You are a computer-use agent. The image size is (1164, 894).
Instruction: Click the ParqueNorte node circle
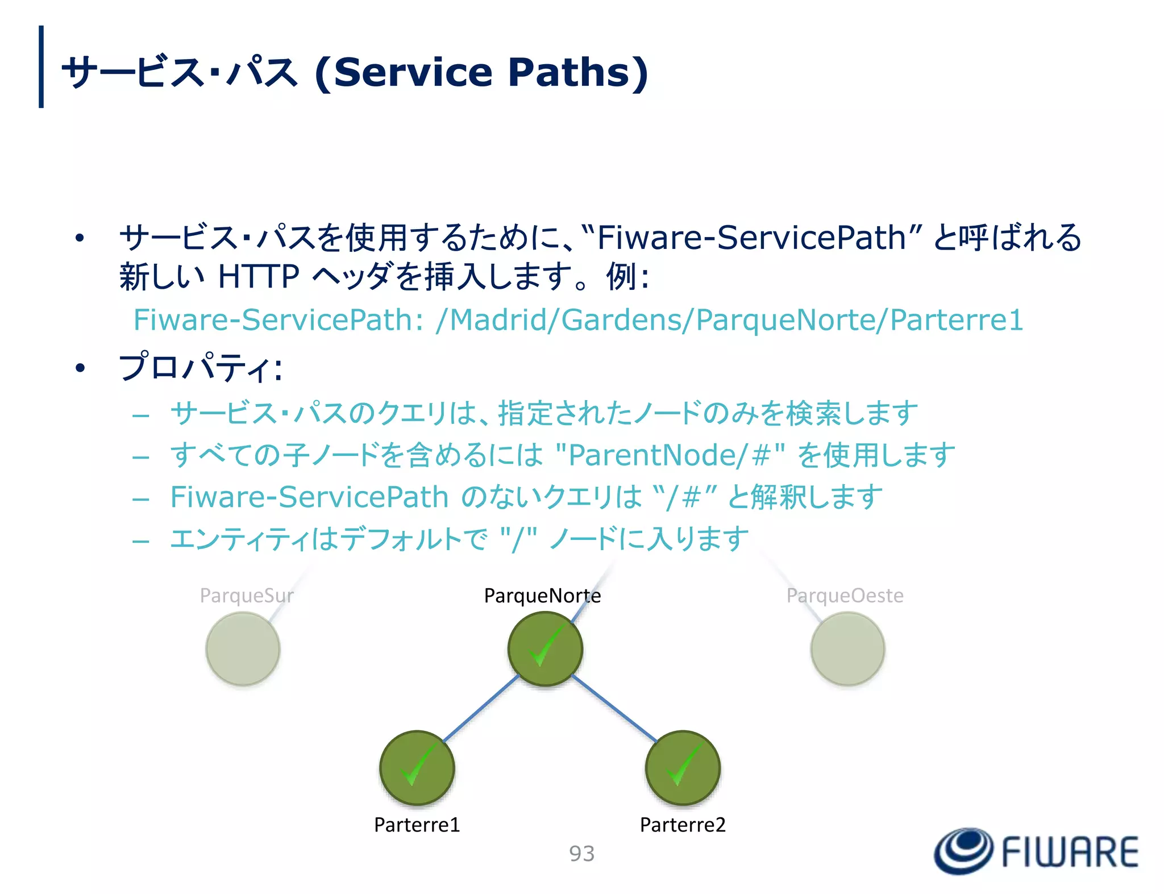click(544, 648)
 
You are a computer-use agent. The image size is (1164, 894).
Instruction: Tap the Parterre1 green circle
click(417, 767)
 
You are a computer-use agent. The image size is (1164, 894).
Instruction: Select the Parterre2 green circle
click(683, 767)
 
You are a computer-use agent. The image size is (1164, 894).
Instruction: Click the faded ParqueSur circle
click(243, 648)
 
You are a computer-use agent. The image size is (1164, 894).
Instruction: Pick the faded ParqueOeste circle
click(847, 648)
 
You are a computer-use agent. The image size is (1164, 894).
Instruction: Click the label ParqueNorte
click(542, 596)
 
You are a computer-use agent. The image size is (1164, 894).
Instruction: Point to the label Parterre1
click(417, 825)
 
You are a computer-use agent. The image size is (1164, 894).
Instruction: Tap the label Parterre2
click(683, 825)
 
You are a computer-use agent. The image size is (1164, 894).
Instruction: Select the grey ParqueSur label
click(246, 596)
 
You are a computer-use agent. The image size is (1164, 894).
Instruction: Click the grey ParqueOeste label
click(845, 596)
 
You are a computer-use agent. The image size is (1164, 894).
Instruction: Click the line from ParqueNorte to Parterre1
click(481, 708)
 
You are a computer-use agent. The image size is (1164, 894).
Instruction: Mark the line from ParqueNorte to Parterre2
click(614, 708)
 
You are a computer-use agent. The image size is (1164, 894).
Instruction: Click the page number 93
click(581, 854)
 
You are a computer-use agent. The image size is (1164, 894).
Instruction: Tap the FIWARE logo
click(1036, 851)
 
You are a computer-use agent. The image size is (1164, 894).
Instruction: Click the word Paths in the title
click(577, 72)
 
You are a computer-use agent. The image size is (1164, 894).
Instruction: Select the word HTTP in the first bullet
click(259, 277)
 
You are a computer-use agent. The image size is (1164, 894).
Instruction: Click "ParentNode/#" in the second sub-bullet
click(671, 455)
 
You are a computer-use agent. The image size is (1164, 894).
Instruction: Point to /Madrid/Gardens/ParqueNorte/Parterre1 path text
click(729, 319)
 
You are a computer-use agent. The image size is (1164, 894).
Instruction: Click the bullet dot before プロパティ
click(80, 368)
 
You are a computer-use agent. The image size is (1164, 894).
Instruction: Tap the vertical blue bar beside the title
click(41, 66)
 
